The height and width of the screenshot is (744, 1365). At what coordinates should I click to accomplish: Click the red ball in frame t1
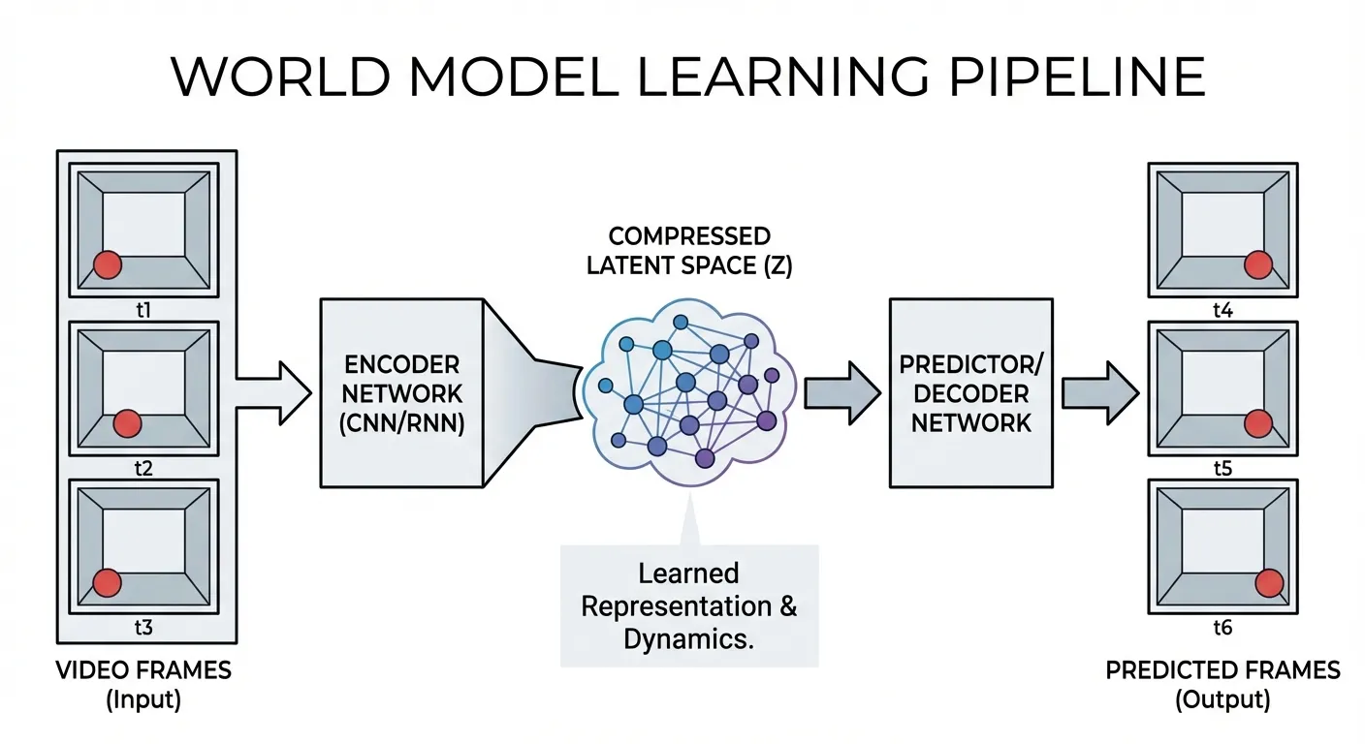107,264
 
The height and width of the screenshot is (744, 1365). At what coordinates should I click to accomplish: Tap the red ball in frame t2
128,423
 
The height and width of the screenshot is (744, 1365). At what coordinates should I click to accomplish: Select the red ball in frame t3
107,582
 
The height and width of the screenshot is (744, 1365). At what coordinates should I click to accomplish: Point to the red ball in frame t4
1258,263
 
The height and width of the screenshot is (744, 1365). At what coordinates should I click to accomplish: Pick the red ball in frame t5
1258,423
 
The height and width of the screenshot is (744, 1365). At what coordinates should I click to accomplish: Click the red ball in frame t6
1268,582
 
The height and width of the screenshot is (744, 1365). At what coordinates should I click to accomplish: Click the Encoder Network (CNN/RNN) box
402,392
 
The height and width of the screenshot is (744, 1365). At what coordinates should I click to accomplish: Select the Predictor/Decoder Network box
970,392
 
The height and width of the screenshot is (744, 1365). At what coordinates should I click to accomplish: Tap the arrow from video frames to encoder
276,392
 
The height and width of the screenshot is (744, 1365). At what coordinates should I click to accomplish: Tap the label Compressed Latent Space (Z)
689,251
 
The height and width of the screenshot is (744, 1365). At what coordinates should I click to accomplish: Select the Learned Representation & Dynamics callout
689,605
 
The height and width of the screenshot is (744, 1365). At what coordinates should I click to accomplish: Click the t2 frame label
143,469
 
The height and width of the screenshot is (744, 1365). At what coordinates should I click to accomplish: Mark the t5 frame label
1222,469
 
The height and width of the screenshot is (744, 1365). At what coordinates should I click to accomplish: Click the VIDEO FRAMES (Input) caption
143,684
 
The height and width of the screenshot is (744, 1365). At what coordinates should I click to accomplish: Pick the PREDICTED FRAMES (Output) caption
1222,684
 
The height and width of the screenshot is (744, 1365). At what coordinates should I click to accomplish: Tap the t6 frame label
1222,628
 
